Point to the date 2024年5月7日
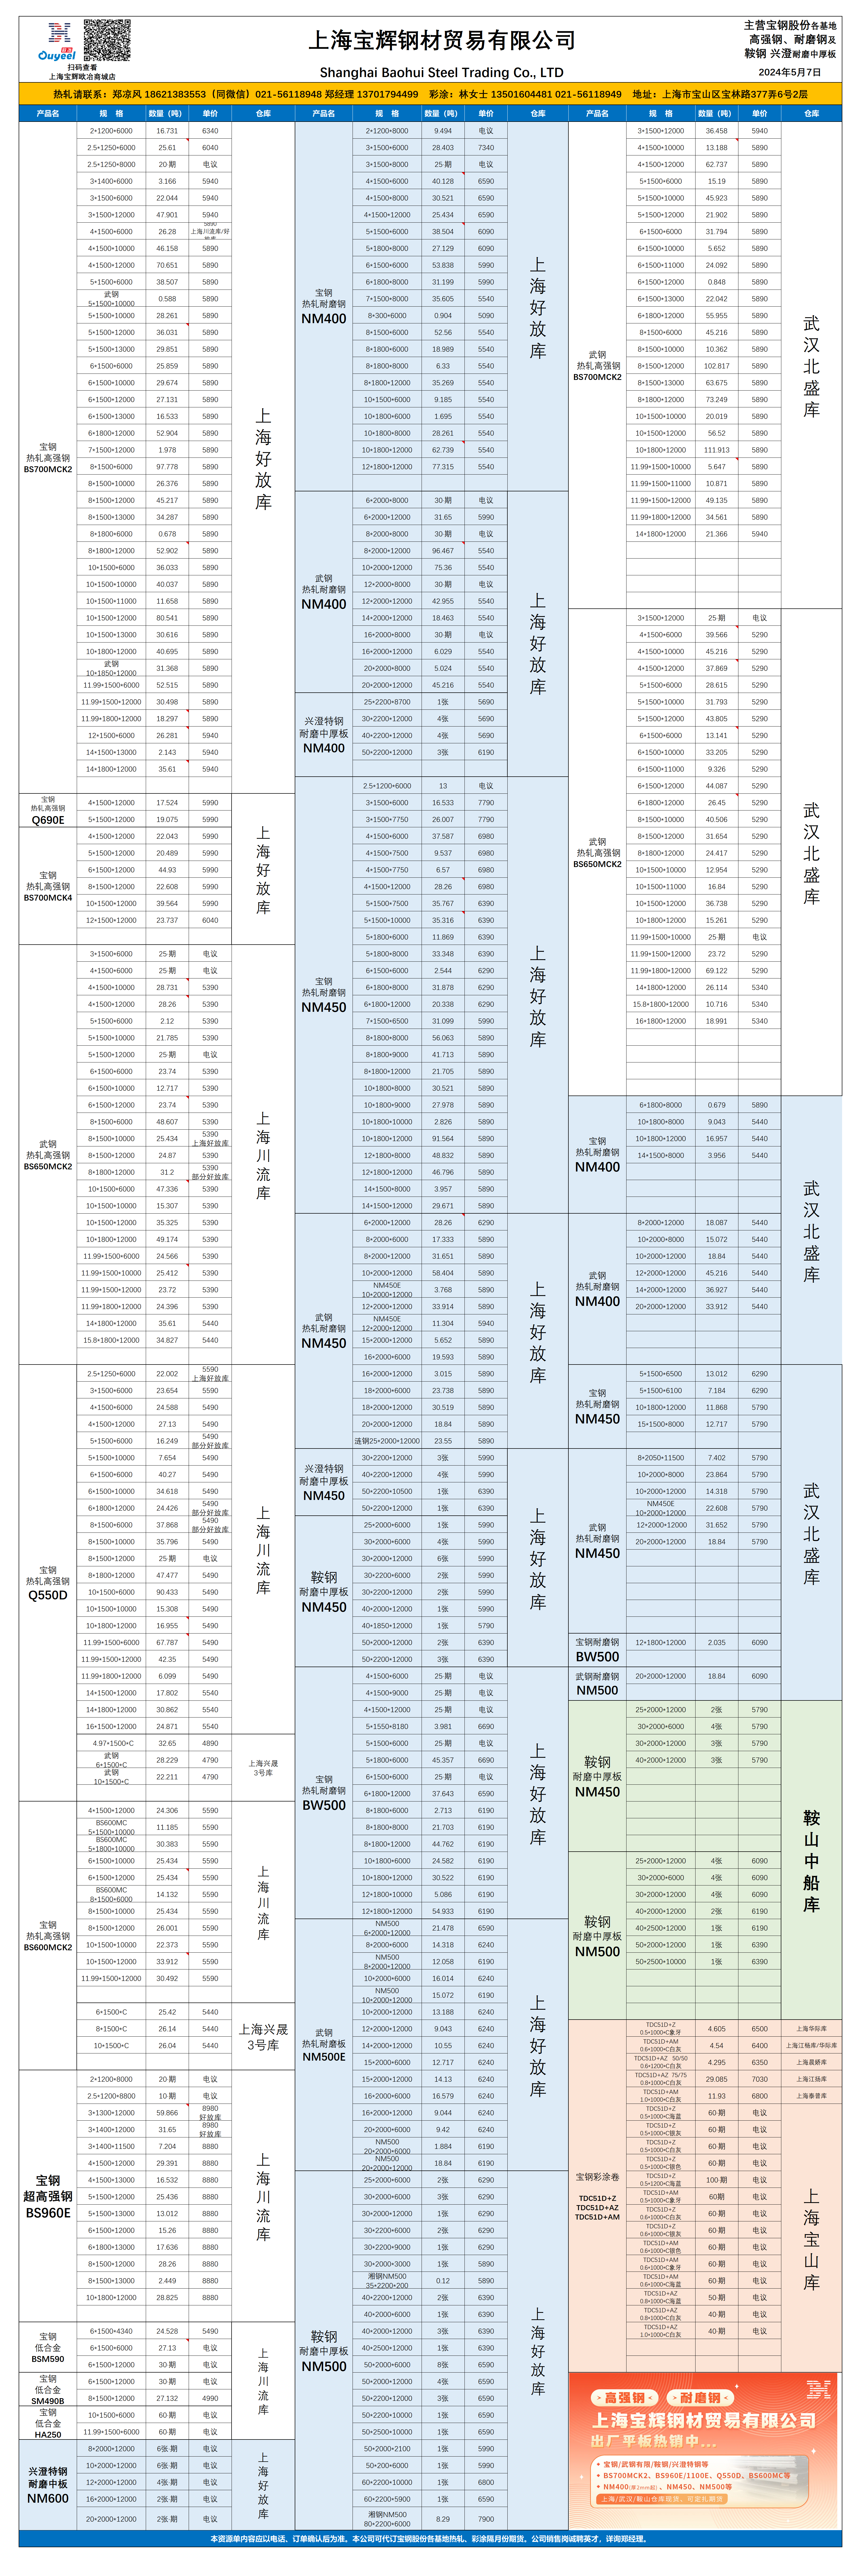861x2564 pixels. (x=789, y=72)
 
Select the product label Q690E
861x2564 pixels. (x=48, y=820)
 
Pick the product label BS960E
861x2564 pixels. (x=48, y=2213)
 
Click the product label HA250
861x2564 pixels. (x=48, y=2435)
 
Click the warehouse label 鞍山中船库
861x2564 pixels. (x=811, y=1861)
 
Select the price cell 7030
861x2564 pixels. (x=759, y=2079)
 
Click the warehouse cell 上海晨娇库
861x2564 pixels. (x=811, y=2062)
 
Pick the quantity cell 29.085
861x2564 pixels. (x=717, y=2079)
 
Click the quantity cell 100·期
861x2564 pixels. (x=717, y=2180)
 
